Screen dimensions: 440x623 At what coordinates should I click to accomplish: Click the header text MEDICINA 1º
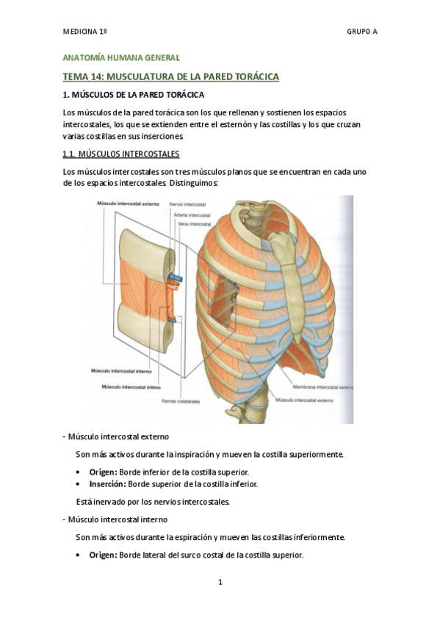[x=85, y=32]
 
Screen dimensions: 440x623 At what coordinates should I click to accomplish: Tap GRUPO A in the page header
[x=361, y=32]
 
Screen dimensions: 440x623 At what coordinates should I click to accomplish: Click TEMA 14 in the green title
[x=87, y=76]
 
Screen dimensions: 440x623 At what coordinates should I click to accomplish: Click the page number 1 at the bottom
[x=220, y=583]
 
